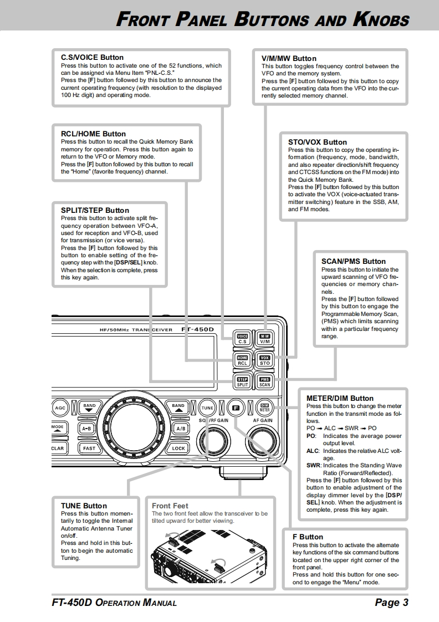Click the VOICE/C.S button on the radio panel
coord(242,339)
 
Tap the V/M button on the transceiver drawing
coord(264,339)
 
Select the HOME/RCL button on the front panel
coord(242,360)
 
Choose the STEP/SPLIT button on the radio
coord(242,381)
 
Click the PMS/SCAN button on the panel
coord(264,381)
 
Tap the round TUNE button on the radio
coord(207,407)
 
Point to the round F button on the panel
coord(236,407)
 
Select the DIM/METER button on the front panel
coord(264,407)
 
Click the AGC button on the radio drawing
coord(60,407)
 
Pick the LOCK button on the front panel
coord(178,448)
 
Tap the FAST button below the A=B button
coord(89,448)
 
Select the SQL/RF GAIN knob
coord(212,442)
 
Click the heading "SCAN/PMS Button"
coord(353,261)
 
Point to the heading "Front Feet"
coord(170,506)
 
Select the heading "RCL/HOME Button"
coord(93,134)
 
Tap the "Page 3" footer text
coord(391,603)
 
